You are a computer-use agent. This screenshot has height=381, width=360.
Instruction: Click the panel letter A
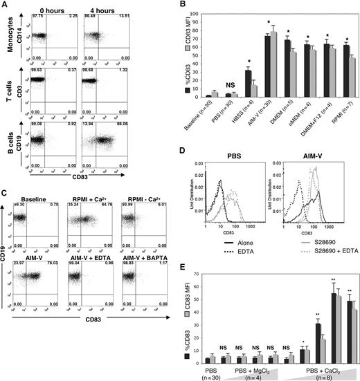[x=5, y=6]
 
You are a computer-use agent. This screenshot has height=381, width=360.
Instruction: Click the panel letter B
[x=185, y=6]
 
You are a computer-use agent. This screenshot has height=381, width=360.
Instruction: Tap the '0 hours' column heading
[x=60, y=9]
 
